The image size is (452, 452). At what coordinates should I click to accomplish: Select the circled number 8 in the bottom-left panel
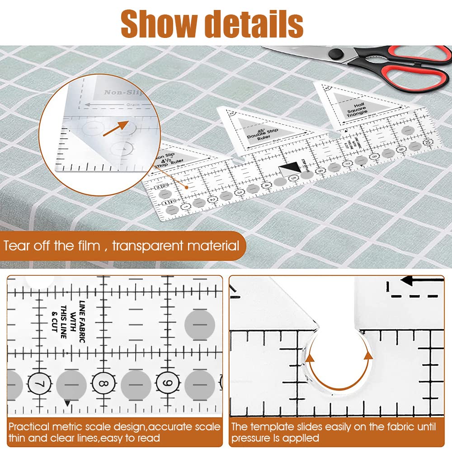click(x=103, y=384)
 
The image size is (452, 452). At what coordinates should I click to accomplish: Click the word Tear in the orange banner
click(x=17, y=246)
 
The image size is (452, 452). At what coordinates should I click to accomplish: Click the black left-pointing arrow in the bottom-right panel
click(x=412, y=281)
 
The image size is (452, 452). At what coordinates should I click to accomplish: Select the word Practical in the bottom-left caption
click(x=28, y=427)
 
